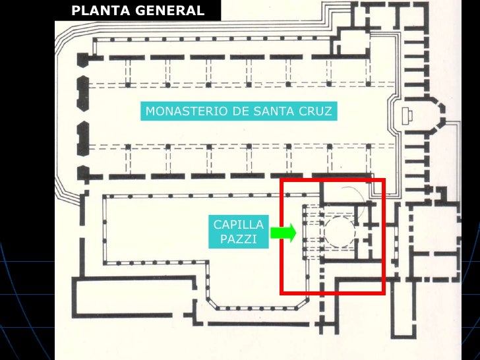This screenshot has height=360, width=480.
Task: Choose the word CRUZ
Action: coord(316,111)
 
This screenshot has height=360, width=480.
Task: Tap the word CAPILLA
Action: coord(238,225)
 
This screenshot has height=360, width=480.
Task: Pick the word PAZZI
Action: coord(238,239)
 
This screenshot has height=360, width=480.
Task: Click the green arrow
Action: coord(284,232)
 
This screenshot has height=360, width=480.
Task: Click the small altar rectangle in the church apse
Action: coord(406,117)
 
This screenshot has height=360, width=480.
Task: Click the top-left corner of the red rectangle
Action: coord(282,179)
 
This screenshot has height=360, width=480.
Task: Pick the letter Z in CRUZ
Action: coord(328,111)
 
